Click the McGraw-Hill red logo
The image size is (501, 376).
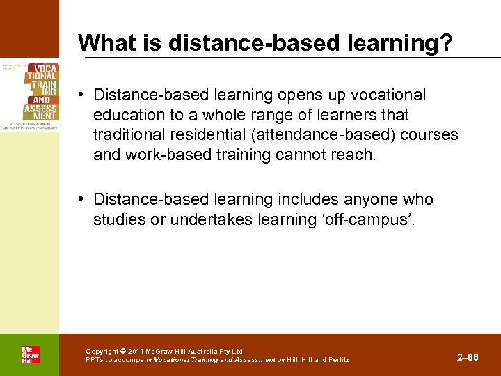[x=30, y=354]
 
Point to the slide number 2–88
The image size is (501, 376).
[x=468, y=357]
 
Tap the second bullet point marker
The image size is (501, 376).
[x=82, y=200]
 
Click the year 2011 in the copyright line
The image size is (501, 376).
[x=138, y=351]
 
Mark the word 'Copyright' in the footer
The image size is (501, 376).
[x=102, y=351]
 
